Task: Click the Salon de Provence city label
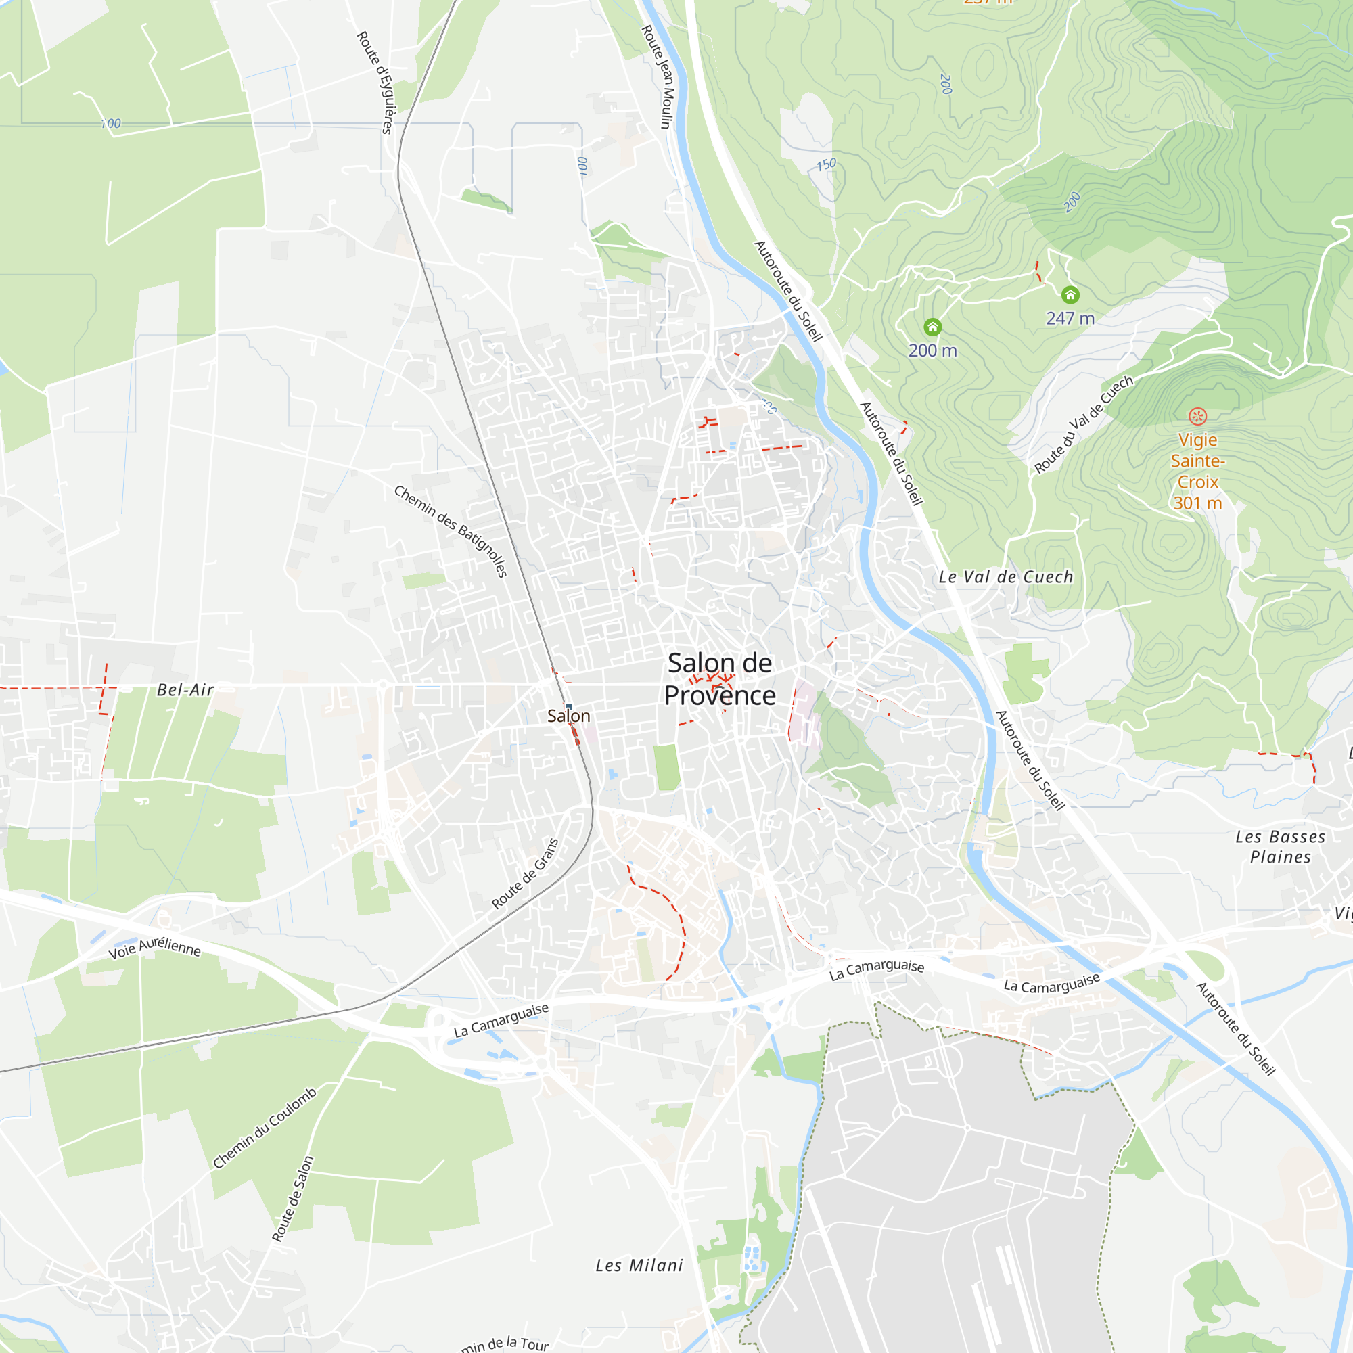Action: [x=720, y=679]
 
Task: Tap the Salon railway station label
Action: [x=568, y=716]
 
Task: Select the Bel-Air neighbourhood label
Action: [x=185, y=690]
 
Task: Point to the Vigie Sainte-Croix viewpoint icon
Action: [x=1197, y=417]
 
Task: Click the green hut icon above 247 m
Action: [x=1070, y=295]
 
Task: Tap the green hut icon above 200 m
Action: [x=932, y=327]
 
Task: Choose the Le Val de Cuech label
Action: [x=1006, y=577]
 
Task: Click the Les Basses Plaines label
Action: [x=1280, y=847]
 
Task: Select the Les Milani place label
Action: [x=639, y=1266]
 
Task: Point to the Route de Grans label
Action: [x=525, y=873]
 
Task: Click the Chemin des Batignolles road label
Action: [x=451, y=531]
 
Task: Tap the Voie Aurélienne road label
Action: [x=155, y=948]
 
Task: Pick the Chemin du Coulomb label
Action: [x=264, y=1128]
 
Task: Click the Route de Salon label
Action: [x=293, y=1199]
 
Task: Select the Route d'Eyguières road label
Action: [x=375, y=82]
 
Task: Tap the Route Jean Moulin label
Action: [x=657, y=77]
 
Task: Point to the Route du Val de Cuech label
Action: [x=1083, y=424]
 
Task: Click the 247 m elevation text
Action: [x=1070, y=319]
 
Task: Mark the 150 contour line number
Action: [x=827, y=164]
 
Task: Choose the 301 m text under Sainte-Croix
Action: [x=1197, y=503]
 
